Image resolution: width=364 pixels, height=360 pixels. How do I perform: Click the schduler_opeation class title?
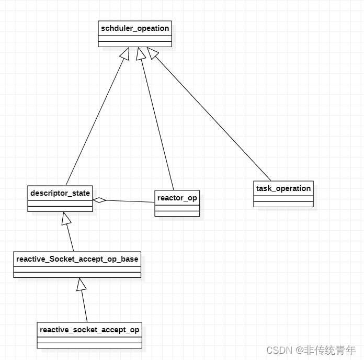click(x=135, y=28)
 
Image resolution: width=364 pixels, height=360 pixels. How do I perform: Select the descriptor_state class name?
click(x=60, y=193)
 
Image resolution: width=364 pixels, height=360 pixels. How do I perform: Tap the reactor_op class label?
click(x=177, y=198)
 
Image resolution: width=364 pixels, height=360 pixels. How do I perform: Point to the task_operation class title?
click(x=283, y=188)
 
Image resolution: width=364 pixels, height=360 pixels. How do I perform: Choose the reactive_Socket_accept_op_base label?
click(x=77, y=259)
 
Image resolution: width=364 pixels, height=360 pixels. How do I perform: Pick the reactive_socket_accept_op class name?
click(x=89, y=330)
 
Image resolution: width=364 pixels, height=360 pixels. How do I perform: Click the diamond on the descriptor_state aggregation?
click(x=99, y=199)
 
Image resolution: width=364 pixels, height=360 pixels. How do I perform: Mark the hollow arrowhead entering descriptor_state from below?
click(x=65, y=218)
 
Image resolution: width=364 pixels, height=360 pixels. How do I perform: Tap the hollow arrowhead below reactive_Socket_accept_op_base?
click(x=81, y=284)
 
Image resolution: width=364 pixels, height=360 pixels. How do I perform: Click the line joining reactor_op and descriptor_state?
click(x=131, y=201)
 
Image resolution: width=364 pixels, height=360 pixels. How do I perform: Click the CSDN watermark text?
click(x=279, y=350)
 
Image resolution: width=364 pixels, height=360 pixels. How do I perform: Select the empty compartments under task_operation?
click(x=283, y=201)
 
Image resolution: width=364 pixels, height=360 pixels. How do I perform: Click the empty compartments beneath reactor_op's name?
click(x=177, y=210)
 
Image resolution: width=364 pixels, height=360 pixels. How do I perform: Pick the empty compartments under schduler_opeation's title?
click(x=135, y=41)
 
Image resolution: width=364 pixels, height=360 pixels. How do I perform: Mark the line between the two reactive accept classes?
click(x=84, y=306)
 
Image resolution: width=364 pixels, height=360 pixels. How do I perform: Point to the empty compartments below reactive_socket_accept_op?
click(x=89, y=342)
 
